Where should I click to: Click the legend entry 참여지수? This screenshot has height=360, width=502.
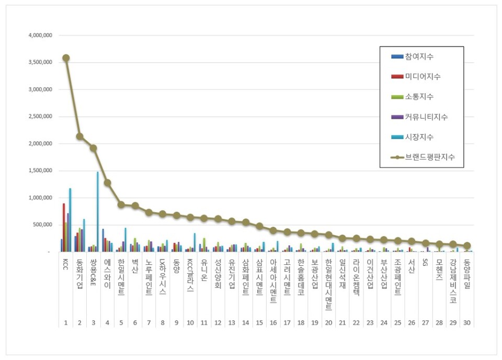pyautogui.click(x=419, y=56)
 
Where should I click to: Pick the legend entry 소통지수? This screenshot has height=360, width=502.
pyautogui.click(x=419, y=96)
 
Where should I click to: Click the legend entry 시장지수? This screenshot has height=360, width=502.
pyautogui.click(x=419, y=137)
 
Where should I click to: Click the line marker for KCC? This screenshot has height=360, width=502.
pyautogui.click(x=66, y=58)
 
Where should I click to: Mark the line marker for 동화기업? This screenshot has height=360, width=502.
pyautogui.click(x=79, y=136)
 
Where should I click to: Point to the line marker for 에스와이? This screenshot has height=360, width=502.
pyautogui.click(x=107, y=183)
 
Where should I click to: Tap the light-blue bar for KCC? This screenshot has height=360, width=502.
pyautogui.click(x=70, y=220)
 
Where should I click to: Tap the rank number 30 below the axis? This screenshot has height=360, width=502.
pyautogui.click(x=467, y=323)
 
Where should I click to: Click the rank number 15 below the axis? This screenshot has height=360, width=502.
pyautogui.click(x=259, y=323)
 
